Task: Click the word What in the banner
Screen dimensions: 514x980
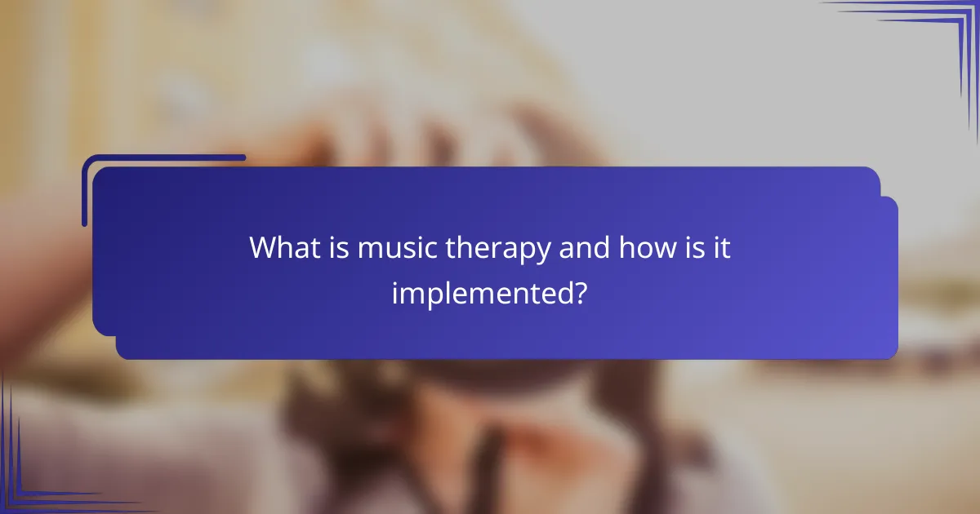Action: [282, 248]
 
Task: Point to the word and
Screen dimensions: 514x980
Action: [585, 248]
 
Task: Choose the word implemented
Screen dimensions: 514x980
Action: [479, 292]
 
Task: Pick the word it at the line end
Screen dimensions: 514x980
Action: [720, 248]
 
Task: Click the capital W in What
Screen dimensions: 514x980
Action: [264, 248]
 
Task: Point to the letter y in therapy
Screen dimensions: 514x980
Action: [543, 252]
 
